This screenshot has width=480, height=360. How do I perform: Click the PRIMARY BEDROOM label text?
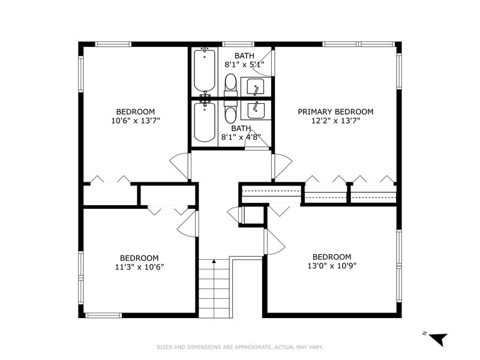335,112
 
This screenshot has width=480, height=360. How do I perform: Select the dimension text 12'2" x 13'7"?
335,121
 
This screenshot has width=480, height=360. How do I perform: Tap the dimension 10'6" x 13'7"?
135,121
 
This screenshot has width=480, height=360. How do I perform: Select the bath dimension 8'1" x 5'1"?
244,65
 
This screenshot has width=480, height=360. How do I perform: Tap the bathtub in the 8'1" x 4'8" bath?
205,122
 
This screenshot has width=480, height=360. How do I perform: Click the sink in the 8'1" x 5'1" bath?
256,87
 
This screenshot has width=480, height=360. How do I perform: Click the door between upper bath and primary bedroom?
266,64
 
